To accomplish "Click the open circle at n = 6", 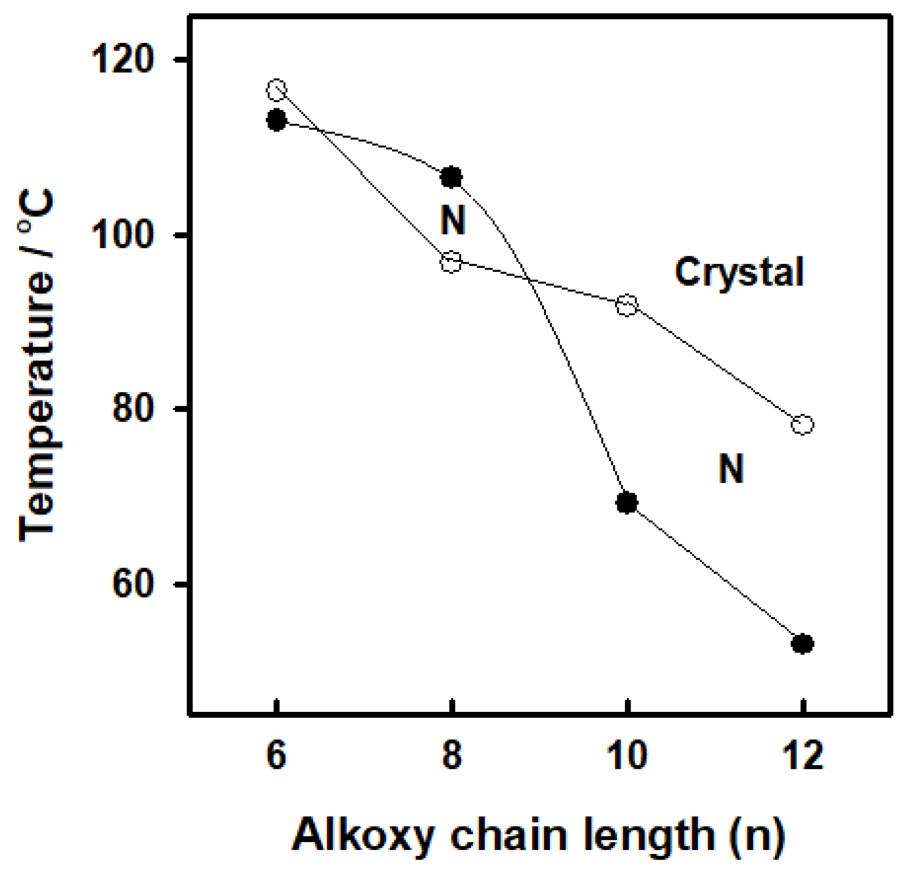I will [277, 90].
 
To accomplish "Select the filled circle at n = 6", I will [277, 121].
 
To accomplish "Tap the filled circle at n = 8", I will [451, 177].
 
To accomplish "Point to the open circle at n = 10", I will [627, 305].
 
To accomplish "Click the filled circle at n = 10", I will [627, 503].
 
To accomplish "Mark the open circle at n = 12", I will [802, 424].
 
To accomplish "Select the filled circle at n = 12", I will [802, 644].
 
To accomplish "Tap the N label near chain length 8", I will [453, 220].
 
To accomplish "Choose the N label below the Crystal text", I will [731, 468].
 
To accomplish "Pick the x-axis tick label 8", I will [451, 756].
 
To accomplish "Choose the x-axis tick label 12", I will [803, 756].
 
